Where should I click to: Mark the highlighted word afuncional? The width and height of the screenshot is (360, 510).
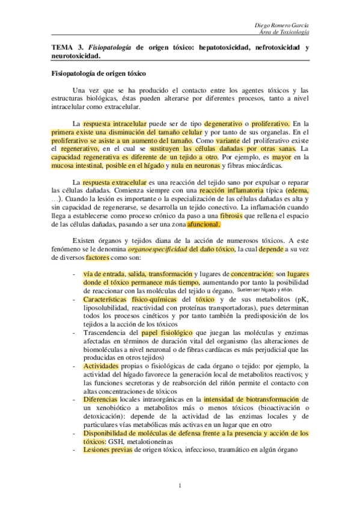click(x=204, y=224)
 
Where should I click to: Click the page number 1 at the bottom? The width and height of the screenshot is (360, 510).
click(x=180, y=485)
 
